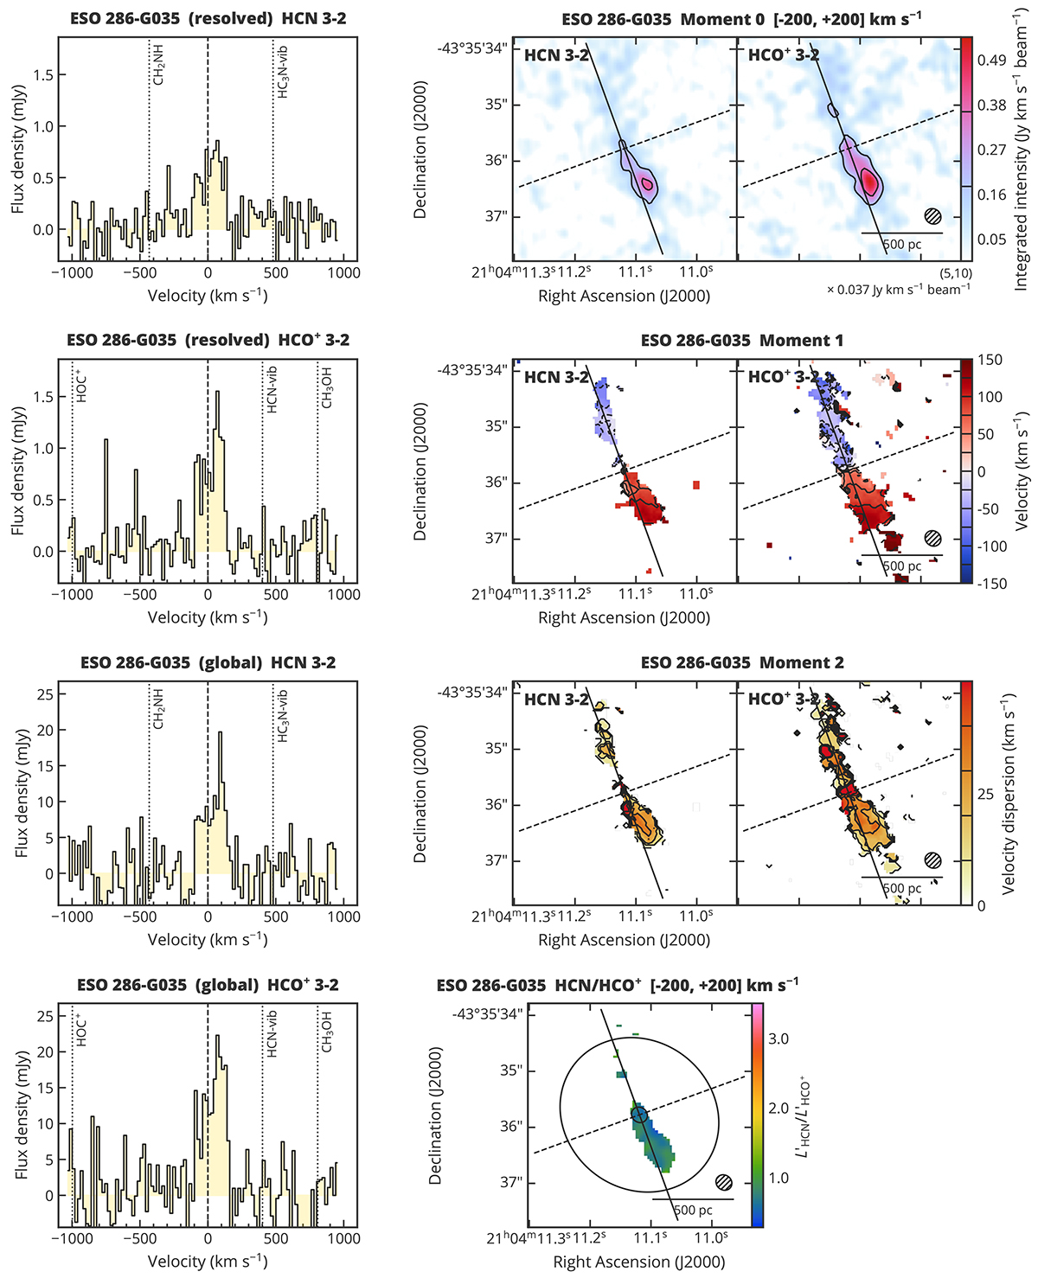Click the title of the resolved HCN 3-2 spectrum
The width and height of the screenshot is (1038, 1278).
coord(207,18)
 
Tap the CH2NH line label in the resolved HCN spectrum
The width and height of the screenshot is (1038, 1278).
coord(159,66)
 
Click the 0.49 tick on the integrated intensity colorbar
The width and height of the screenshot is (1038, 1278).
coord(991,60)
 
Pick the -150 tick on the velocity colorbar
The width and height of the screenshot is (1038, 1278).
coord(992,584)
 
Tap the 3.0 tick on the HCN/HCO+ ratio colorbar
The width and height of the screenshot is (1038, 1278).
coord(778,1038)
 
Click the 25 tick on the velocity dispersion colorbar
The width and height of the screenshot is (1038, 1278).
coord(985,795)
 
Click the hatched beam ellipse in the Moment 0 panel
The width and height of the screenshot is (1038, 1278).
coord(932,216)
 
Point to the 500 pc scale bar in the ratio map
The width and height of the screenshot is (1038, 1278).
coord(692,1199)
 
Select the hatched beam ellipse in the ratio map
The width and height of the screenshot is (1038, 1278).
coord(724,1182)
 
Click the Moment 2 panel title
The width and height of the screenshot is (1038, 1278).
coord(742,663)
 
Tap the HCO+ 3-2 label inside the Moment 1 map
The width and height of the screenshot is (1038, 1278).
coord(783,377)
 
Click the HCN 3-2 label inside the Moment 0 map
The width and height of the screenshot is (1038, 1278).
coord(556,55)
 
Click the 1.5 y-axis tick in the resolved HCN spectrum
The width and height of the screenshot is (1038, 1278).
coord(43,75)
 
